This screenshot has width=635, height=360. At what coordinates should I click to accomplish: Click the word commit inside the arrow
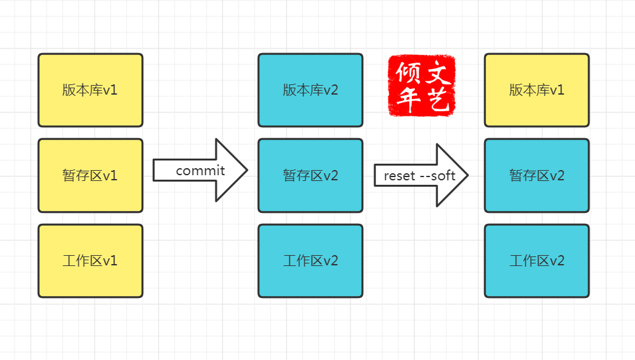(x=200, y=171)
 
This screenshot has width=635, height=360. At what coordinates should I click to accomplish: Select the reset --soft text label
(x=419, y=176)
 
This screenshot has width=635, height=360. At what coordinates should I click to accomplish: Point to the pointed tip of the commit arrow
(x=247, y=170)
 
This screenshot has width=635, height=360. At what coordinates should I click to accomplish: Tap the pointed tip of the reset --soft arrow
(x=468, y=175)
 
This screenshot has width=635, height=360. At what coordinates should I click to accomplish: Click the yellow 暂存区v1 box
(x=90, y=175)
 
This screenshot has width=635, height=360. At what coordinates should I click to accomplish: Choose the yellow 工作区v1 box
(x=90, y=261)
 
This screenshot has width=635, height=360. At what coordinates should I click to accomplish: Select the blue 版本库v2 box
(x=310, y=90)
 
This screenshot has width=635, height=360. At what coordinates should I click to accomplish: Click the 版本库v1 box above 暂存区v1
(x=90, y=90)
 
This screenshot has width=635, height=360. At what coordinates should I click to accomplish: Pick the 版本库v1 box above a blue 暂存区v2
(x=537, y=90)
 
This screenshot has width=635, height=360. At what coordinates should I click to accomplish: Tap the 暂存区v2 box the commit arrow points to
(x=310, y=175)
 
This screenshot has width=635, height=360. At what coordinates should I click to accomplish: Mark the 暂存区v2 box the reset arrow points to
(x=537, y=175)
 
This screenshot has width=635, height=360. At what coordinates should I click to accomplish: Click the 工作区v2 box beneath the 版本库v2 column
(x=310, y=261)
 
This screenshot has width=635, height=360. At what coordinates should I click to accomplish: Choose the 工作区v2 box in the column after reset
(x=537, y=261)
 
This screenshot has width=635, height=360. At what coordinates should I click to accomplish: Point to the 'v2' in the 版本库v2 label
(x=331, y=90)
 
